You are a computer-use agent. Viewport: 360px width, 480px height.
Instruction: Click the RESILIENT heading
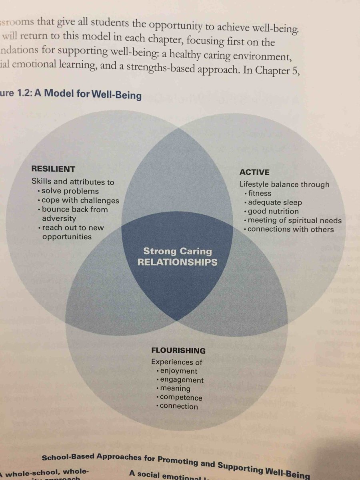[53, 169]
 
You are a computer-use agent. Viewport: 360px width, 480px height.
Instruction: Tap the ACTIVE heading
[254, 172]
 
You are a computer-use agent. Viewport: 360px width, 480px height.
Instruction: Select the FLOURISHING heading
[178, 351]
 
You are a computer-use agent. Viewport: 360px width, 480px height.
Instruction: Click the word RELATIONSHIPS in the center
[178, 262]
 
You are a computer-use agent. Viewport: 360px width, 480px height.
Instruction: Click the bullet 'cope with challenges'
[80, 200]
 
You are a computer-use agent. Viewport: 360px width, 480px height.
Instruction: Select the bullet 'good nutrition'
[273, 211]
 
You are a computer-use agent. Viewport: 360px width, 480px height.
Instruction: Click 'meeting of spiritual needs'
[294, 220]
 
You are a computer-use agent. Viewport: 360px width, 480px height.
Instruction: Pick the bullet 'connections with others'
[290, 229]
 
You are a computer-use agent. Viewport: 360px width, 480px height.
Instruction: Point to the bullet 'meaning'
[175, 388]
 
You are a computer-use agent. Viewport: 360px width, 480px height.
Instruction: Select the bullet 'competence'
[181, 398]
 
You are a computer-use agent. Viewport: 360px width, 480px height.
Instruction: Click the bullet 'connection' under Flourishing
[179, 406]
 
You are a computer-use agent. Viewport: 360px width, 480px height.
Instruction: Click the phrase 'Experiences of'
[177, 362]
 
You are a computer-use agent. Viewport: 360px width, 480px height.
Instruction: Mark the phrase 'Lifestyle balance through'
[284, 184]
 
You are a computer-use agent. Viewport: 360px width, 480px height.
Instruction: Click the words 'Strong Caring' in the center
[178, 252]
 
